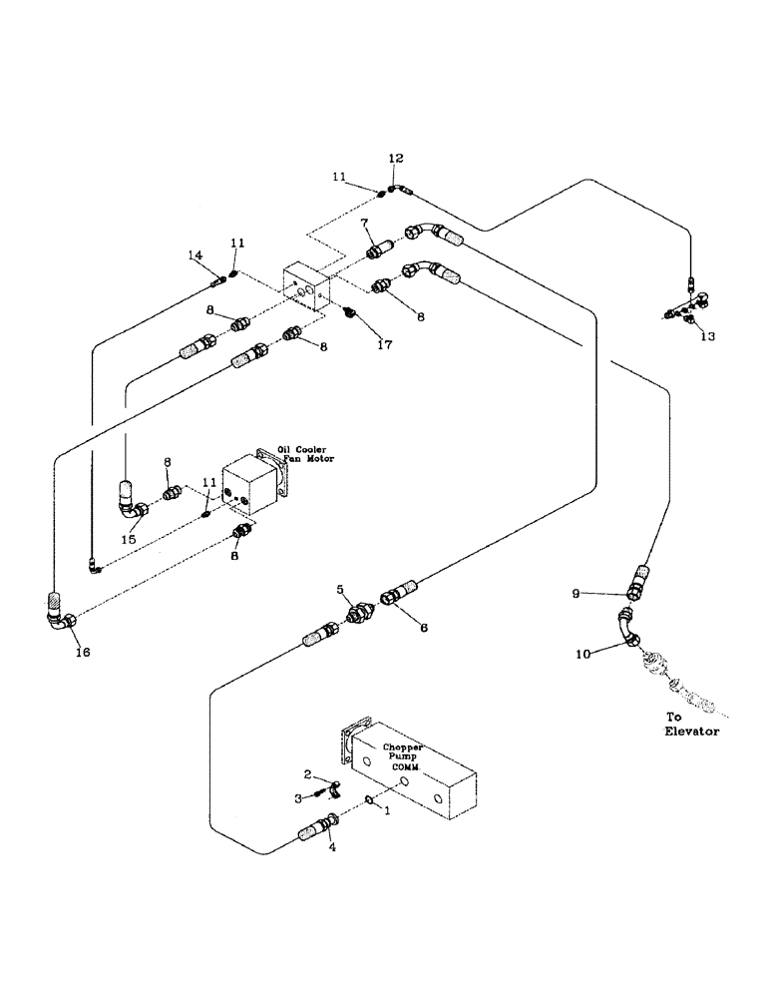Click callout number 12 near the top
click(x=396, y=159)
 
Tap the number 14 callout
click(x=195, y=256)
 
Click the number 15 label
click(x=127, y=539)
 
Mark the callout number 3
click(x=296, y=797)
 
